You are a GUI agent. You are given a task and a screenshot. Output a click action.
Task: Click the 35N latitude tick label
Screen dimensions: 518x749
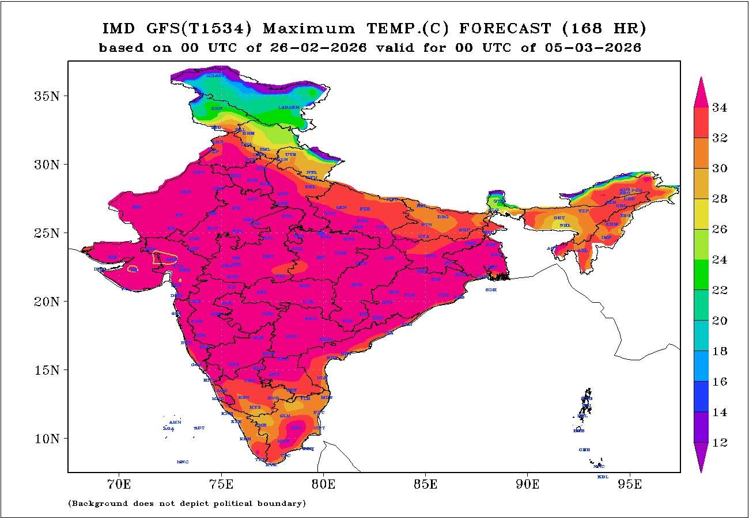47,96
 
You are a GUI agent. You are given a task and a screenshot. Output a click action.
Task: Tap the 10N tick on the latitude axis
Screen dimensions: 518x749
47,439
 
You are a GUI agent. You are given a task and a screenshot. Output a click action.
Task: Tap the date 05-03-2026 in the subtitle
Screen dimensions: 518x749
593,48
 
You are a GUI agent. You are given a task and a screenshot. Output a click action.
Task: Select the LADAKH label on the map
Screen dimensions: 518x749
289,108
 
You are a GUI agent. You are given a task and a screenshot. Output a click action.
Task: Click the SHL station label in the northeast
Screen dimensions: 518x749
565,225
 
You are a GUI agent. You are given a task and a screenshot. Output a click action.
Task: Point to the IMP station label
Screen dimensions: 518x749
606,237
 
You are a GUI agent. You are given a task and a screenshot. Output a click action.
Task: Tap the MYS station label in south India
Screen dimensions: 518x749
255,407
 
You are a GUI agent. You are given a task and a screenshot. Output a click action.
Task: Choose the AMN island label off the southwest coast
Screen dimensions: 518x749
175,422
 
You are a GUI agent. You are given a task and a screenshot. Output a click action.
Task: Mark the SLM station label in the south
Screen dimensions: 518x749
285,415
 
